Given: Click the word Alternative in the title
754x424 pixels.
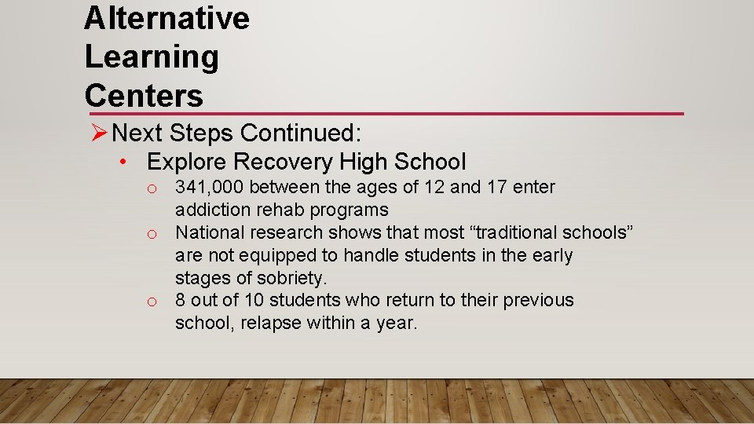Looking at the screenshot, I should [167, 18].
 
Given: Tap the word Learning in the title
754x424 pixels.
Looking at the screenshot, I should [152, 57].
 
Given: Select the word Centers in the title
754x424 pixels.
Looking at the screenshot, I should [144, 96].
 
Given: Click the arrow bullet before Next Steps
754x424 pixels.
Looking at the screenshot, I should [99, 133].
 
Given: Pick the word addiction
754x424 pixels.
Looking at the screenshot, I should [213, 210].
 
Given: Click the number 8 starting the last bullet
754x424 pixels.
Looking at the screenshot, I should [181, 300].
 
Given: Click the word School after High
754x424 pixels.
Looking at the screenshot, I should [430, 163].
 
